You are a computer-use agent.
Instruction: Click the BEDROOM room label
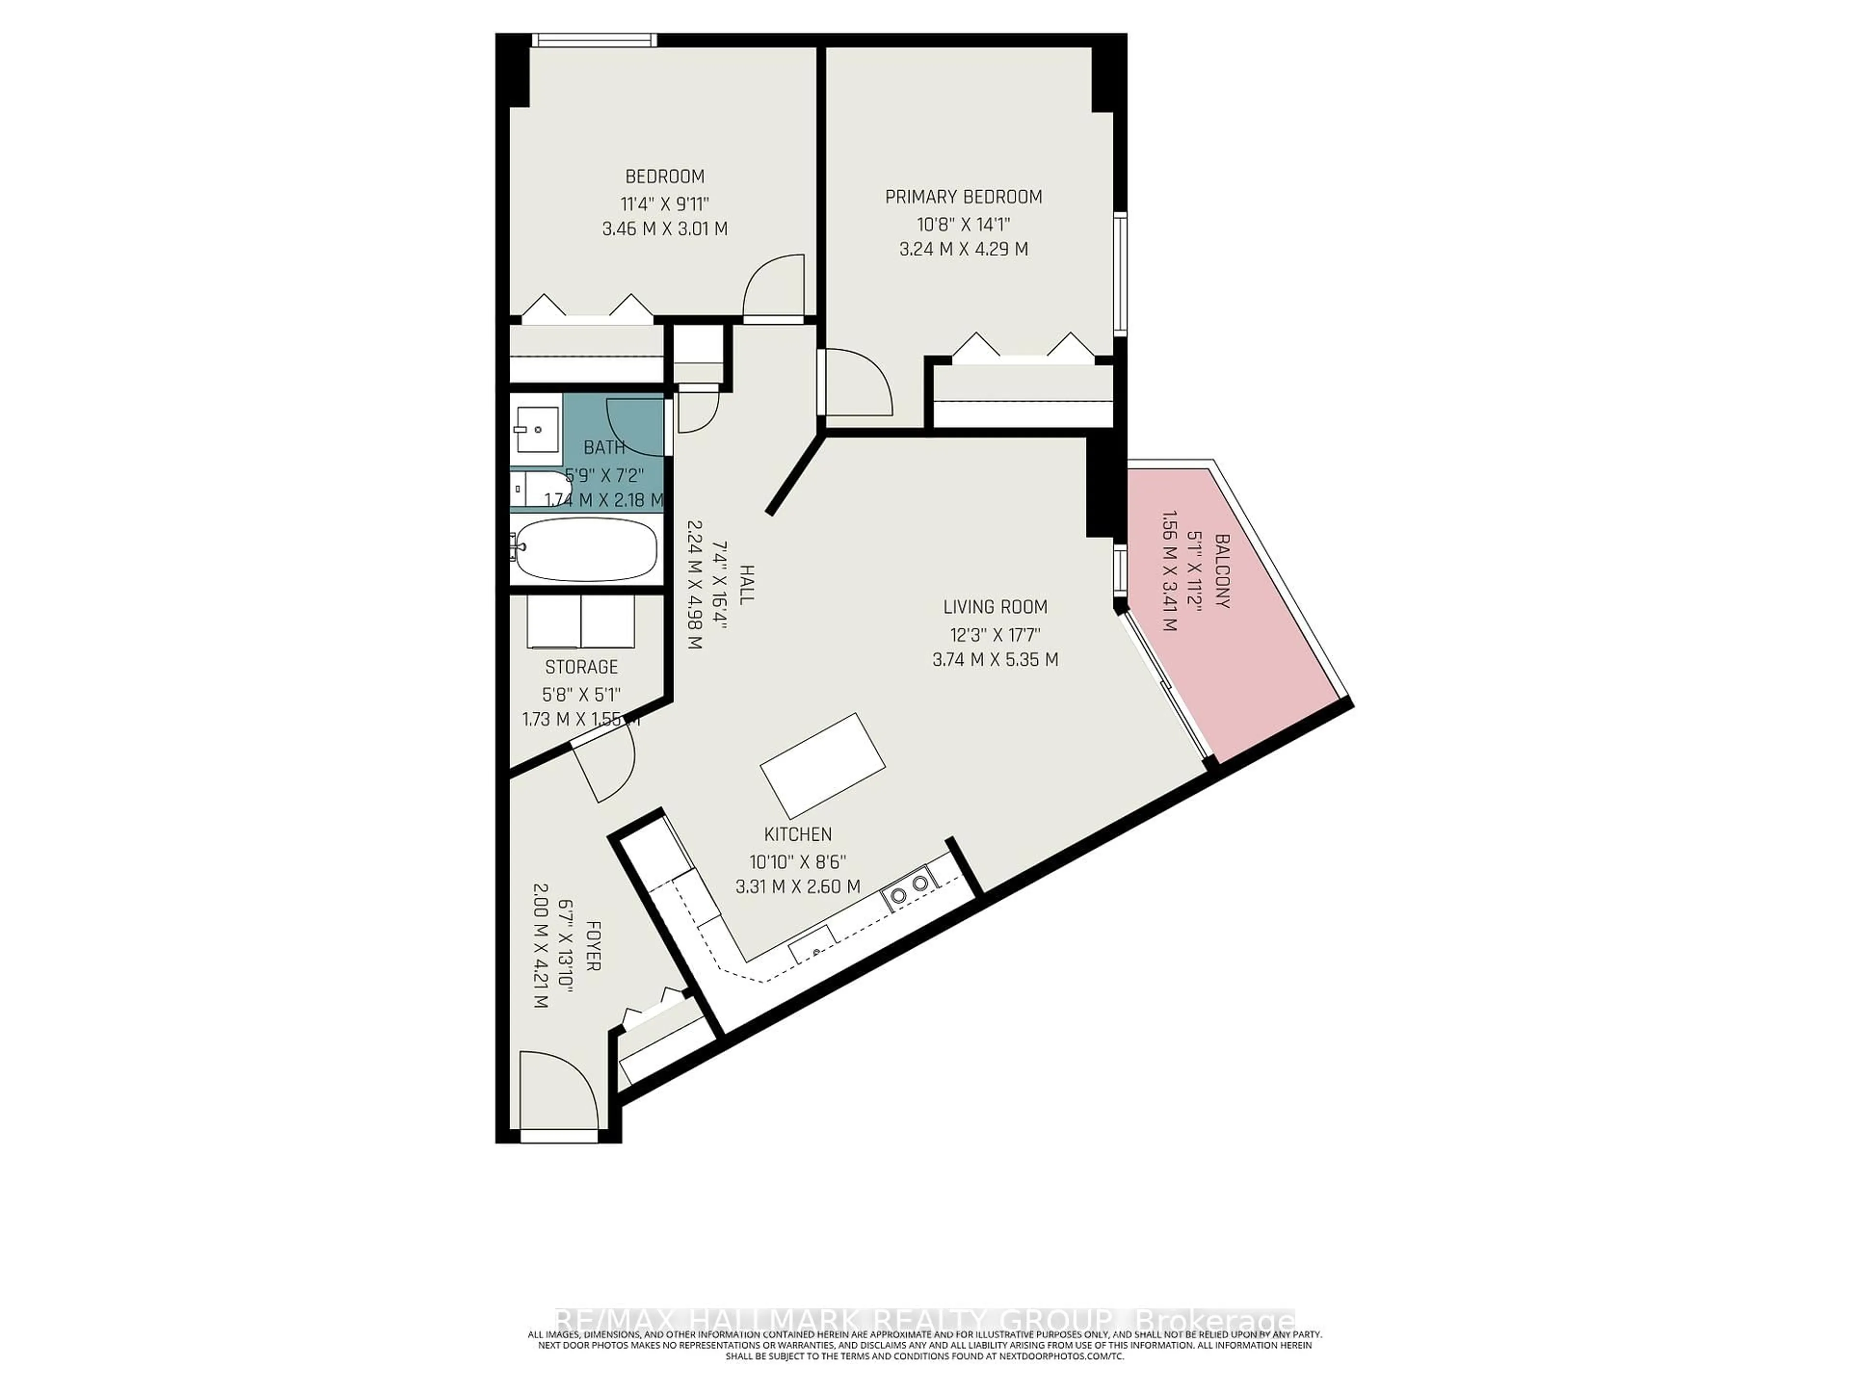(x=665, y=176)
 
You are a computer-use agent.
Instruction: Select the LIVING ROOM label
(x=995, y=607)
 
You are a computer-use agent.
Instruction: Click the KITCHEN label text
(x=798, y=835)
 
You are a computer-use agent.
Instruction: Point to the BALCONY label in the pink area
(x=1222, y=571)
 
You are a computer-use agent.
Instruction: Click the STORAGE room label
(x=581, y=667)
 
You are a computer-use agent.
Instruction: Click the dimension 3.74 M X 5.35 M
(x=995, y=660)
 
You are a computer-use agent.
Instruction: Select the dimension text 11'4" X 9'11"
(x=665, y=203)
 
